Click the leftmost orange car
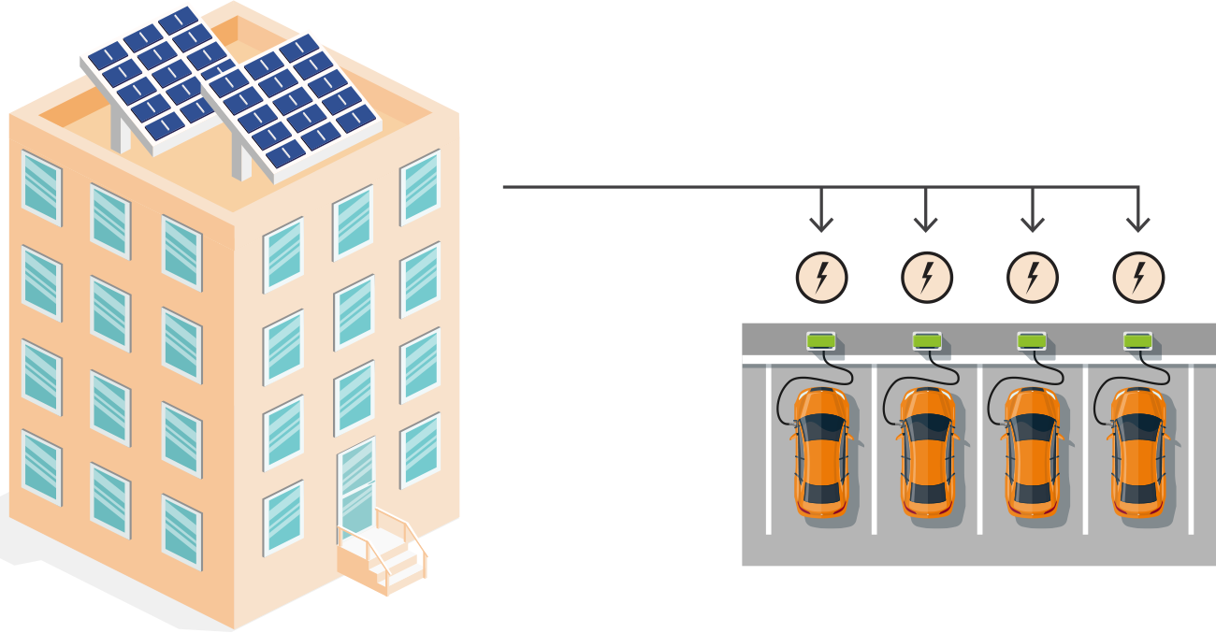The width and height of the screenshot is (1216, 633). click(821, 453)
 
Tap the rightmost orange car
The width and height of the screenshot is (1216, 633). click(1137, 453)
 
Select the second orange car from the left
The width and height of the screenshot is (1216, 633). click(927, 453)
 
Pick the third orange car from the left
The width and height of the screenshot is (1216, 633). click(1032, 453)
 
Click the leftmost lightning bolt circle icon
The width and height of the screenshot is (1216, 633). click(821, 278)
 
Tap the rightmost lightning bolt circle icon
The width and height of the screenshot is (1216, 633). click(1138, 278)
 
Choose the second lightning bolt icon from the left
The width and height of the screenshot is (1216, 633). click(927, 278)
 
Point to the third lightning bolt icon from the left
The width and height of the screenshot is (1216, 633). click(1033, 278)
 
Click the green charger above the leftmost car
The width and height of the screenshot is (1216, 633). click(820, 341)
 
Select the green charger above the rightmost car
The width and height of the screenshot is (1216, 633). click(1137, 341)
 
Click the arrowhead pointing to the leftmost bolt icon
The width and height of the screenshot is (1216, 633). click(821, 224)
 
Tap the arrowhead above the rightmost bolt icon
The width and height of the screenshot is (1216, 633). click(1138, 224)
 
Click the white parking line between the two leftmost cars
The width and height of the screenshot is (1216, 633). click(875, 449)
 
